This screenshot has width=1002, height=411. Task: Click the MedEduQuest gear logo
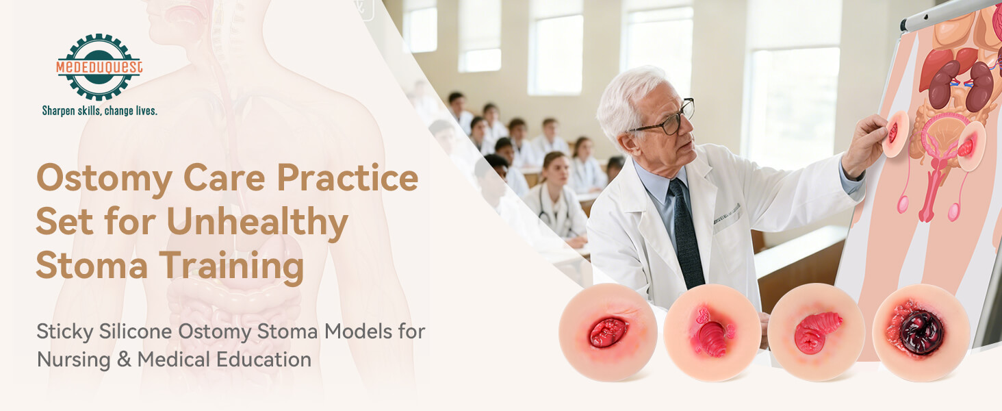pos(99,67)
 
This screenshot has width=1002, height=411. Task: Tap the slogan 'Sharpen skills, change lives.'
pos(100,110)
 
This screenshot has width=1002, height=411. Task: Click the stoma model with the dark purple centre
pos(921,332)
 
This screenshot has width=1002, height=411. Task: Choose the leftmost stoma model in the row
pos(608,332)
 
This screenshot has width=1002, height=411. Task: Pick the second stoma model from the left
pos(712,332)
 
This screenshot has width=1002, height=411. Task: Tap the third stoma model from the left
pos(816,332)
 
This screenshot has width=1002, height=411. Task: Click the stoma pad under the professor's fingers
pos(895,134)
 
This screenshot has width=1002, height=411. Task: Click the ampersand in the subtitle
pos(124,359)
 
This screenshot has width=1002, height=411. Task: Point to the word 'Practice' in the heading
pos(347,178)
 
